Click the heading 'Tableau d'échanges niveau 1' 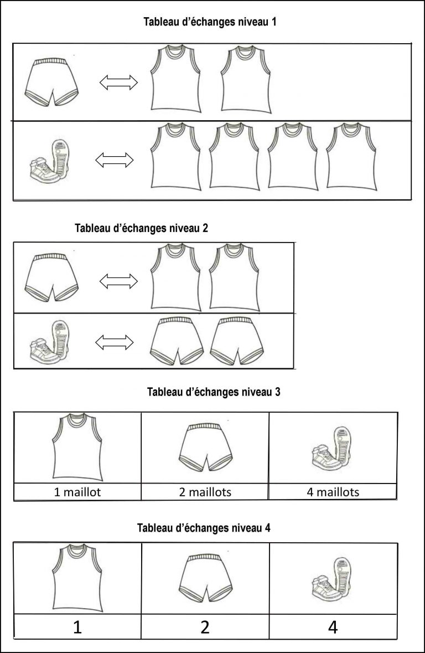[x=210, y=22]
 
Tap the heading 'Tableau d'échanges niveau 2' [x=142, y=228]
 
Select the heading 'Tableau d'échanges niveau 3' [x=214, y=392]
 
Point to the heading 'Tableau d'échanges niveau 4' [x=204, y=528]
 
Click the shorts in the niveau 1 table [x=52, y=82]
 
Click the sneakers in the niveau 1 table [x=50, y=162]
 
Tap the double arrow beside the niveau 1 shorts [x=118, y=82]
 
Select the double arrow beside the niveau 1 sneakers [x=115, y=160]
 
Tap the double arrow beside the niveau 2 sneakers [x=115, y=343]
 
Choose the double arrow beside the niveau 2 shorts [x=118, y=281]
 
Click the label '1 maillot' [x=77, y=492]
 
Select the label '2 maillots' [x=205, y=492]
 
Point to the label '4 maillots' [x=333, y=492]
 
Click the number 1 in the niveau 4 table [x=77, y=627]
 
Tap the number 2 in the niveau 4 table [x=205, y=627]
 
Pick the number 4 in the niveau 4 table [x=333, y=627]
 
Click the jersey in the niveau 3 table [x=77, y=446]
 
